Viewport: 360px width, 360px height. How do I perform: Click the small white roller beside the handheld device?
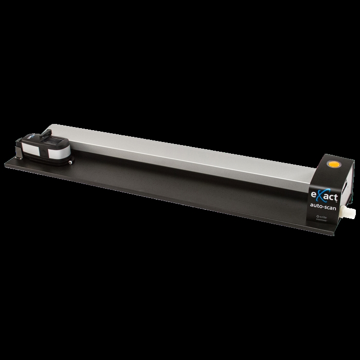70,161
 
